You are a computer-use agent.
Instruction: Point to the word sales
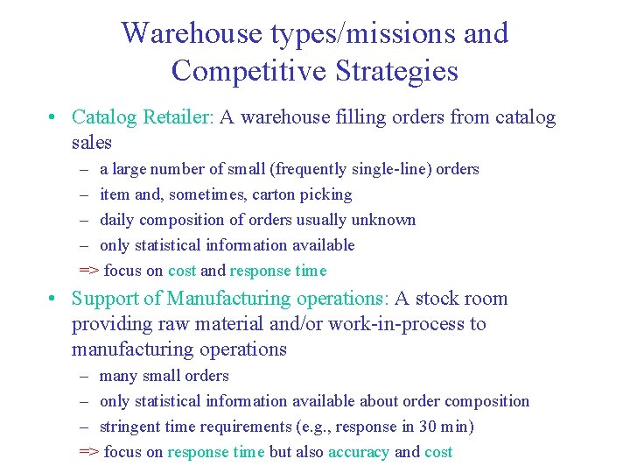92,142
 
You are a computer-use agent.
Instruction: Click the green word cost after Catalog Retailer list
182,271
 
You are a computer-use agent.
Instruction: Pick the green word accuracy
359,452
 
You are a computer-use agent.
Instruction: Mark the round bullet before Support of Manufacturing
53,300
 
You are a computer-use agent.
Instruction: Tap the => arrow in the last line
88,452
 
